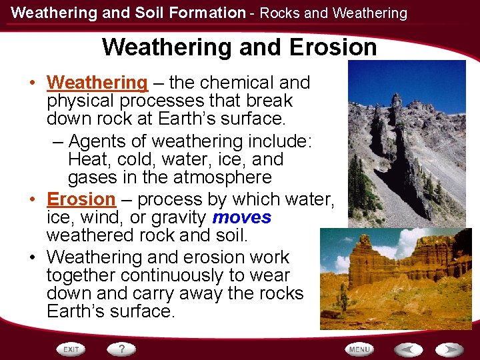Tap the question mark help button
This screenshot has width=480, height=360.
(122, 349)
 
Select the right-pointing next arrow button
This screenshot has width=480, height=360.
(450, 349)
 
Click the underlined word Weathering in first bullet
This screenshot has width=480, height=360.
(97, 83)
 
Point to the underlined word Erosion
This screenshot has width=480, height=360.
(81, 199)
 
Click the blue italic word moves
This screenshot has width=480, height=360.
(242, 217)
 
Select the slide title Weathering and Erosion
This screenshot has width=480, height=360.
(239, 47)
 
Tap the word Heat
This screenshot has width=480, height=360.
(89, 160)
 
